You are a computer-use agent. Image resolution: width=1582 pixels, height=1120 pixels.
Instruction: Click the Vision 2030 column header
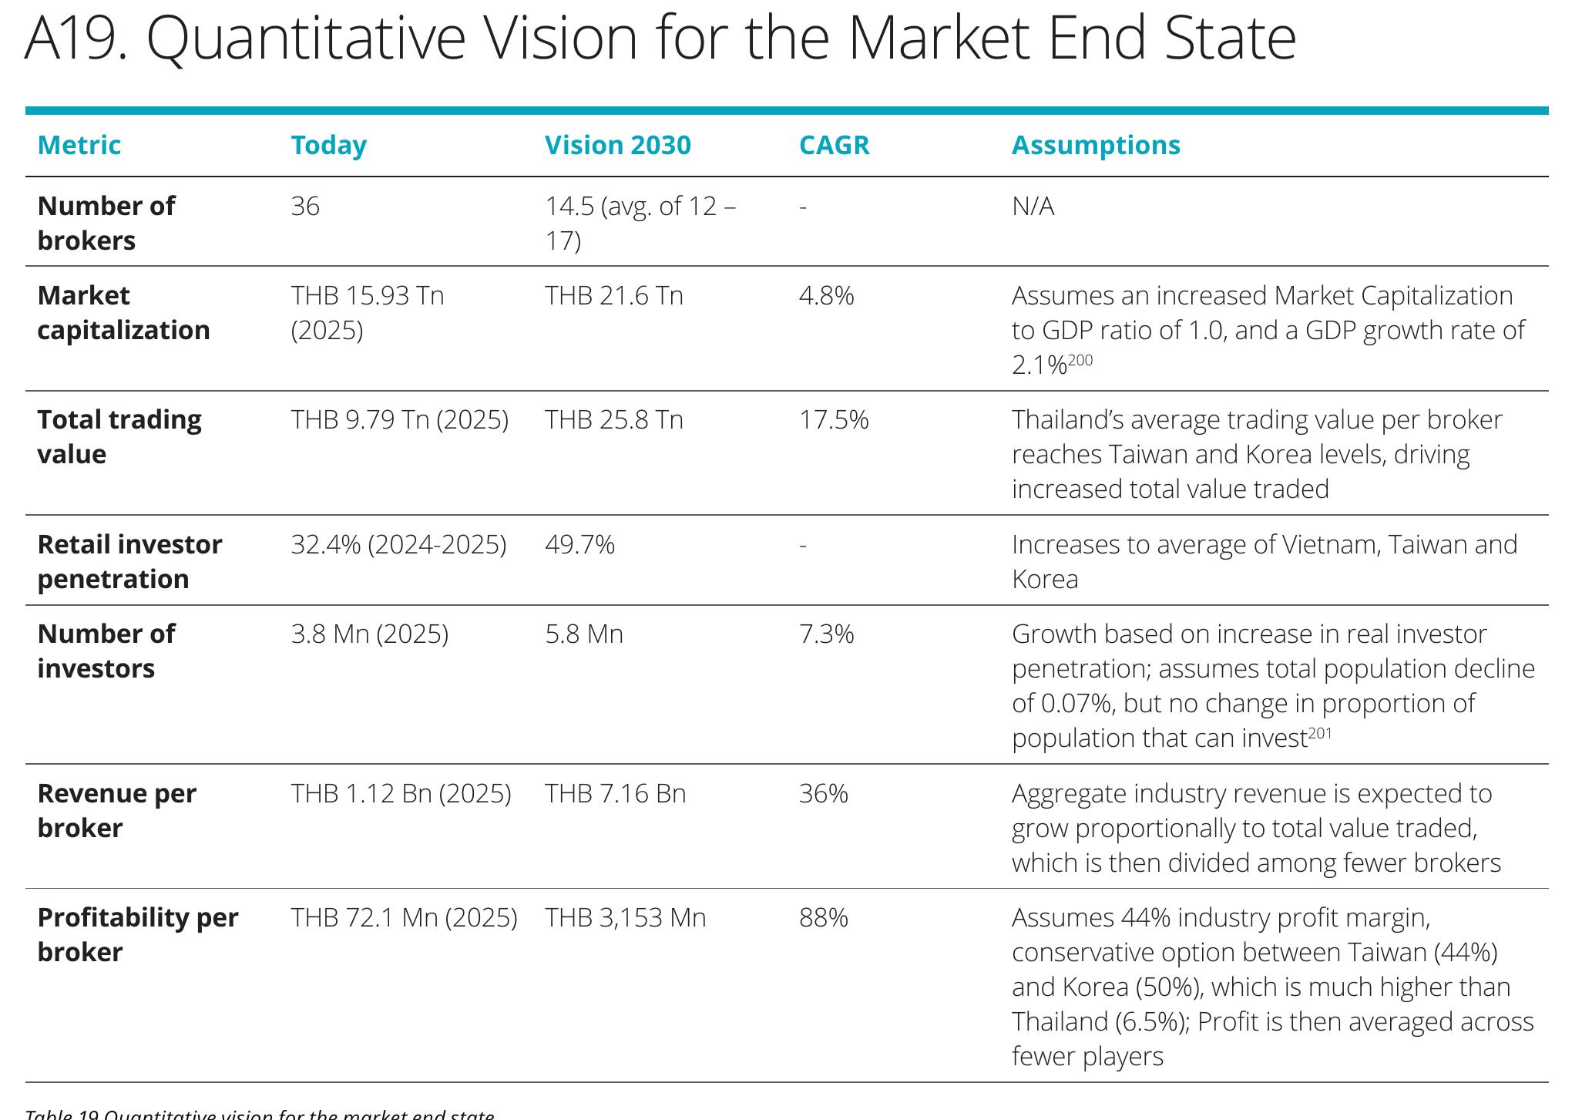(617, 145)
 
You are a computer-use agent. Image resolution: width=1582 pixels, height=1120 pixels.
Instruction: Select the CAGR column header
(834, 145)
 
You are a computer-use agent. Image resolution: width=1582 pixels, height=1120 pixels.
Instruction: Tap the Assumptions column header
(1096, 145)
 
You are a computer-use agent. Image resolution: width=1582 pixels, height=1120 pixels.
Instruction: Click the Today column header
(329, 145)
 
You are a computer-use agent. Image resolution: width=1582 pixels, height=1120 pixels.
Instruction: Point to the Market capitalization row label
(123, 312)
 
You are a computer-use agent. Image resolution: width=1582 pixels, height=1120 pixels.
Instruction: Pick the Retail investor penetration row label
(129, 561)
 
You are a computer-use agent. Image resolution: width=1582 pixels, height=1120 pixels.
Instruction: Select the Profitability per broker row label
(138, 934)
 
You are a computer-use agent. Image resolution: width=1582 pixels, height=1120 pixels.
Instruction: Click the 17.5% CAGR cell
(834, 420)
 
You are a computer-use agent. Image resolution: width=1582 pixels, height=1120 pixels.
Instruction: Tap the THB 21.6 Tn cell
(614, 296)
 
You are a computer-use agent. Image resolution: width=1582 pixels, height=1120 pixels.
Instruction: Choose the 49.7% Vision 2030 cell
(579, 545)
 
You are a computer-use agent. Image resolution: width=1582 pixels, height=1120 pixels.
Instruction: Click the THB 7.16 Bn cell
(615, 794)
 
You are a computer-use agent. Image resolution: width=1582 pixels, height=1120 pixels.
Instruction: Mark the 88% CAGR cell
(824, 918)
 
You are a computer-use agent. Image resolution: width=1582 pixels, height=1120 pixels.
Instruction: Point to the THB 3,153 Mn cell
(625, 918)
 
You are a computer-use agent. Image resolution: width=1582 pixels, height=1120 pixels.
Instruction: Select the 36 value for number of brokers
(305, 207)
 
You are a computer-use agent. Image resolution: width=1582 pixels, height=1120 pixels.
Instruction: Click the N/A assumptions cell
(1033, 207)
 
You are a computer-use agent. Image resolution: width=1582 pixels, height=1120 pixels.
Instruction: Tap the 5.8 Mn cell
(584, 634)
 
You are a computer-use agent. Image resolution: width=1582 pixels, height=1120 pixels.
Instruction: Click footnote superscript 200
(1080, 359)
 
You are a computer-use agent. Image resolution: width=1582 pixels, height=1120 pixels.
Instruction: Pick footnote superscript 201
(1320, 732)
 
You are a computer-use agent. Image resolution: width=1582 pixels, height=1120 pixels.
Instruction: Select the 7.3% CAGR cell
(827, 634)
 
